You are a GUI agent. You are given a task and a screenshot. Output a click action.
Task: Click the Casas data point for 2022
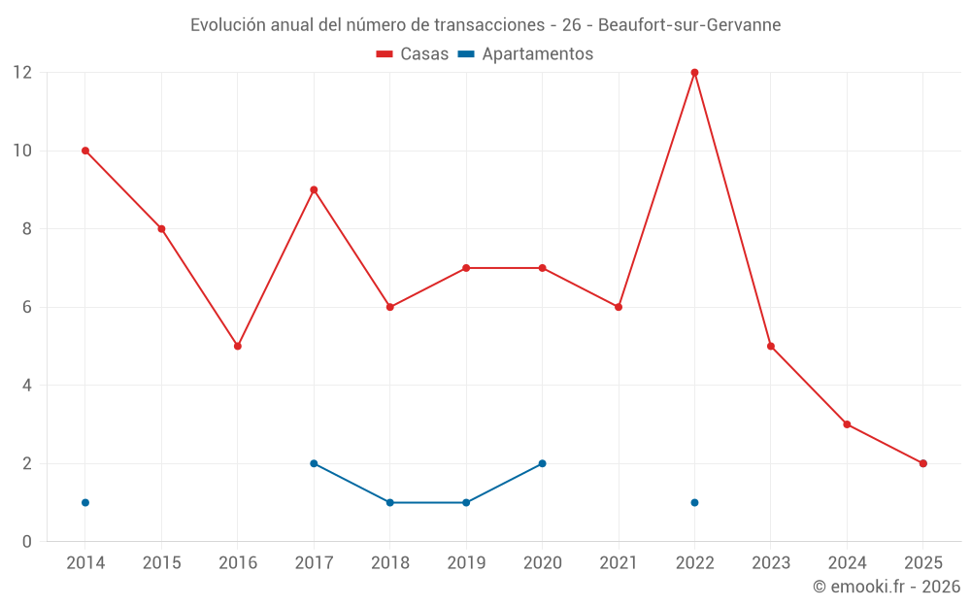click(x=694, y=73)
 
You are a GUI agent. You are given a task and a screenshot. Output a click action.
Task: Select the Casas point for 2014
click(x=85, y=151)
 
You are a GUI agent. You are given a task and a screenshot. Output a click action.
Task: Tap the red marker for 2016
click(x=238, y=346)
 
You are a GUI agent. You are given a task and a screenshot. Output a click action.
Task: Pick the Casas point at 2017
click(x=314, y=189)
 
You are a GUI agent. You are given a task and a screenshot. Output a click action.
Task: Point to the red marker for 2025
click(x=923, y=463)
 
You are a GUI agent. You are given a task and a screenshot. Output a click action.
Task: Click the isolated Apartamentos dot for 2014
click(x=85, y=502)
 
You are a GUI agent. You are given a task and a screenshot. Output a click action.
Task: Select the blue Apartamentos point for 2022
click(x=694, y=502)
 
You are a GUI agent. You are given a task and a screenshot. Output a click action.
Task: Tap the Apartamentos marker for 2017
click(x=314, y=463)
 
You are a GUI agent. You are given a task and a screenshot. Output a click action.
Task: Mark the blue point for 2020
click(x=542, y=463)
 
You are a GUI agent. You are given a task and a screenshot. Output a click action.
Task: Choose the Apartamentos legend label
click(x=537, y=54)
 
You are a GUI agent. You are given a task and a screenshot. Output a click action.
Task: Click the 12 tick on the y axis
click(x=21, y=73)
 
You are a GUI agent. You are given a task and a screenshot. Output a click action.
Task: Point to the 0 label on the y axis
click(x=26, y=542)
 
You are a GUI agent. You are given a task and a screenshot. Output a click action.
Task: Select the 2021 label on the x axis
click(x=619, y=563)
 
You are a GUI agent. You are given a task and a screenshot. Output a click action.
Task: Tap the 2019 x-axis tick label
click(x=466, y=563)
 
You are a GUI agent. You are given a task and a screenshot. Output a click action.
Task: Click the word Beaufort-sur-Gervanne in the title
click(x=688, y=25)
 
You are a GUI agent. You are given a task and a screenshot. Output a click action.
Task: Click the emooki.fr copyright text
click(x=886, y=587)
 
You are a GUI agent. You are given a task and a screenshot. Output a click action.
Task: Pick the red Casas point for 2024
click(x=847, y=424)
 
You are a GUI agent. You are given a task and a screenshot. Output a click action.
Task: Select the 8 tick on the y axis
click(x=26, y=229)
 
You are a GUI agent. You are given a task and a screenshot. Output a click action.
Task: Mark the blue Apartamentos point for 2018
click(x=390, y=502)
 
